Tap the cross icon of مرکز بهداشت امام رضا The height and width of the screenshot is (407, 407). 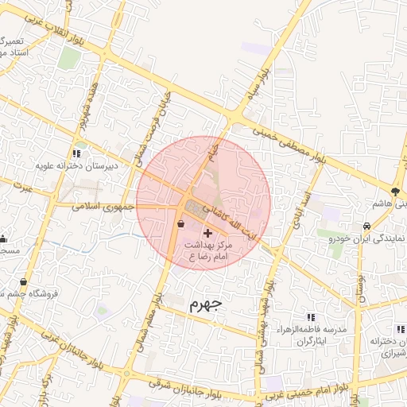coord(208,233)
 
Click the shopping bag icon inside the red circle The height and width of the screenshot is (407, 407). coord(182,224)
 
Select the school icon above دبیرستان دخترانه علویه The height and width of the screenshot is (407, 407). coord(76,153)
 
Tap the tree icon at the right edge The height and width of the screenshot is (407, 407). coord(395,191)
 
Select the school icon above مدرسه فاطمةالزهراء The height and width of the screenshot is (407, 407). coord(310,317)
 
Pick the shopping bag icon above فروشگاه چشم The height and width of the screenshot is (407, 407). coord(22,282)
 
